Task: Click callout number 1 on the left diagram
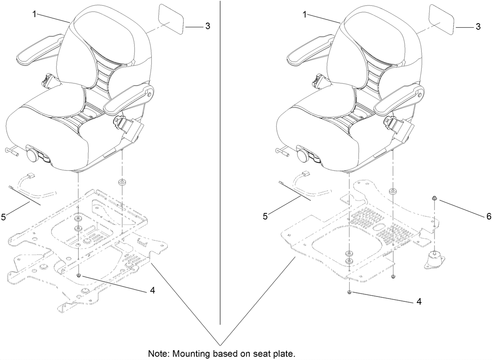point(35,14)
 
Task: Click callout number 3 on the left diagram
point(208,26)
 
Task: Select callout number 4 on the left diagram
point(152,291)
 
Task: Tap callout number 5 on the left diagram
point(3,217)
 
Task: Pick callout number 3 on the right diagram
point(478,27)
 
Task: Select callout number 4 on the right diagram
point(419,302)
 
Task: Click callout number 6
point(488,217)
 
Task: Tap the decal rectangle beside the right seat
point(442,18)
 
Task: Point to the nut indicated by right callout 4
point(350,292)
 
